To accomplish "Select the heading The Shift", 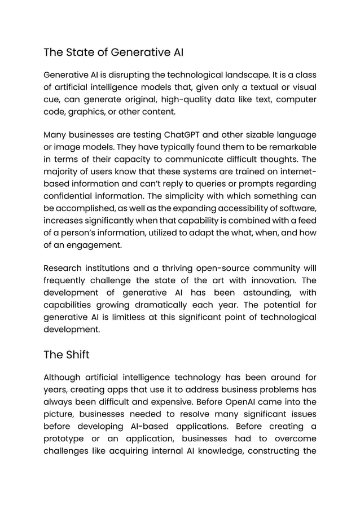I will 66,355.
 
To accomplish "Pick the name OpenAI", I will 237,402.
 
